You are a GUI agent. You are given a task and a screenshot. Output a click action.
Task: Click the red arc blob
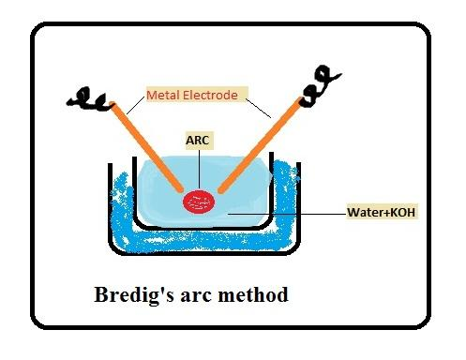199,200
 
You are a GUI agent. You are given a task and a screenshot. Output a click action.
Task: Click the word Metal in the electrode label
166,95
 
